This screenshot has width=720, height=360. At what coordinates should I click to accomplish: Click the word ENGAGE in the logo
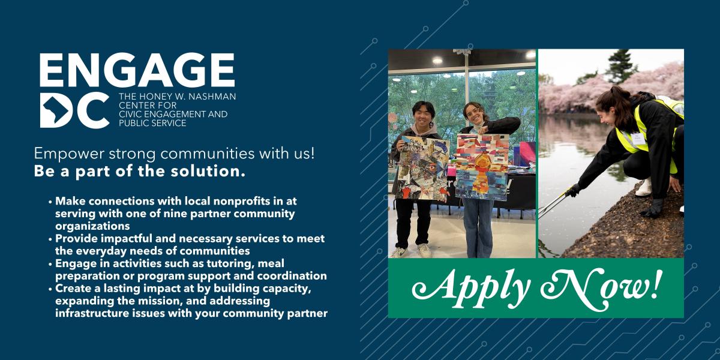137,71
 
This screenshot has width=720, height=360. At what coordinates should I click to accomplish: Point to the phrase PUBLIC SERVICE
152,123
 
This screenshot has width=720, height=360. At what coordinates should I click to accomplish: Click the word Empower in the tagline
64,153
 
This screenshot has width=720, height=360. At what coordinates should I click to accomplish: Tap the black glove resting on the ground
653,208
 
